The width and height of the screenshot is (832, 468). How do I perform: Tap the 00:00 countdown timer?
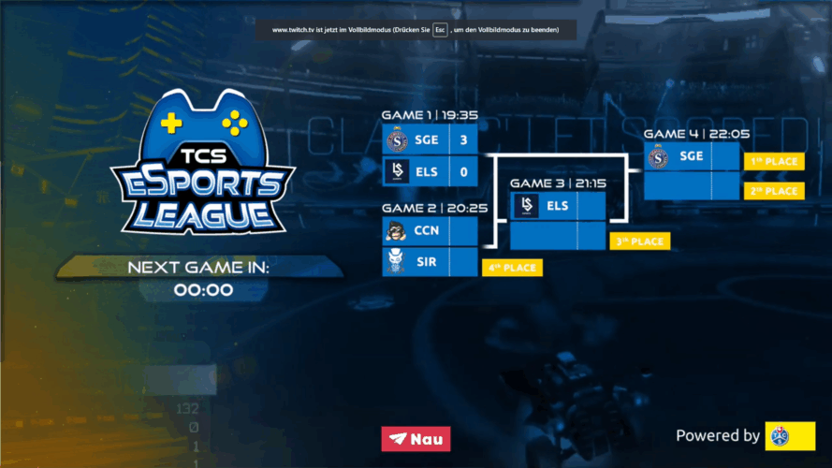[x=203, y=290]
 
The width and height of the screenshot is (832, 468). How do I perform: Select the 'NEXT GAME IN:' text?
[x=198, y=269]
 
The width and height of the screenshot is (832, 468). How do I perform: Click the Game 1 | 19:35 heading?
[x=430, y=115]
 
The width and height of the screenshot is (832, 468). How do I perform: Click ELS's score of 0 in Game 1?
[x=463, y=172]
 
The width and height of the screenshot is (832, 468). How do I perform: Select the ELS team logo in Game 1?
[x=396, y=172]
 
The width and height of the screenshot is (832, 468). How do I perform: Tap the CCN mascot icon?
[x=396, y=231]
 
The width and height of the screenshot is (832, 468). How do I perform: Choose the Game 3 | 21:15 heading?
[x=558, y=183]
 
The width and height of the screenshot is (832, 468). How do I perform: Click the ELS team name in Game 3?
[x=558, y=206]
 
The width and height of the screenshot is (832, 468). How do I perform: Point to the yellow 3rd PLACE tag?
[x=640, y=241]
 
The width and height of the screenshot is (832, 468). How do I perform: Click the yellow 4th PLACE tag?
[x=513, y=268]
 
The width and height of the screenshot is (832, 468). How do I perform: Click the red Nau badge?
[x=416, y=438]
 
